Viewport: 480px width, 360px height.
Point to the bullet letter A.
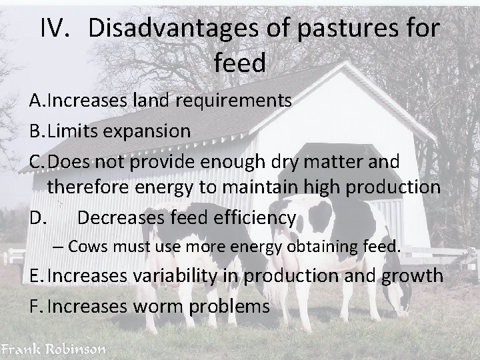point(37,101)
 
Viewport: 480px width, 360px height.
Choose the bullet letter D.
point(39,217)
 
